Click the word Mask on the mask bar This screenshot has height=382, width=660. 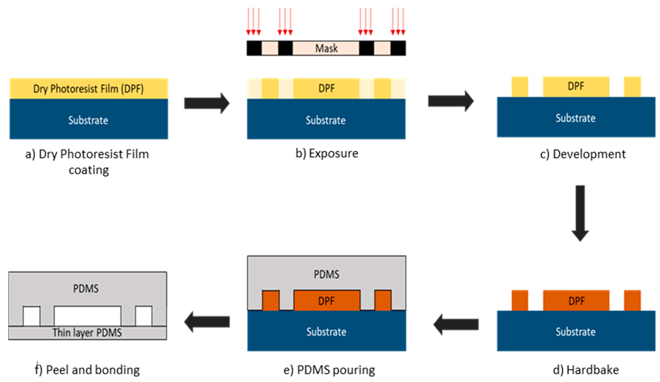point(326,49)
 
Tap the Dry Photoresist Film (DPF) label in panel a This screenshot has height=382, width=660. point(89,89)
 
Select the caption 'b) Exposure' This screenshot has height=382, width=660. point(327,153)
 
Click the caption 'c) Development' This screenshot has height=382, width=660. point(583,154)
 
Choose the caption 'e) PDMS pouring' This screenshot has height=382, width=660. point(329,370)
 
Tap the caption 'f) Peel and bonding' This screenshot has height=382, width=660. point(87,370)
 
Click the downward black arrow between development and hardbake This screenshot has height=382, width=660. point(580,212)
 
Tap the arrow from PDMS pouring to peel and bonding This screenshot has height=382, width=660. point(207,322)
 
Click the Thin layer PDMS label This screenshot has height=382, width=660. point(87,333)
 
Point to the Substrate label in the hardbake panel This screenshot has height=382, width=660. point(576,332)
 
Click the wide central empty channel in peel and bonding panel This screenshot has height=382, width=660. point(88,316)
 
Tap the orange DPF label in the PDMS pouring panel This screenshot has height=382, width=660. point(326,301)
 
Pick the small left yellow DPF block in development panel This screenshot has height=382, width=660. point(520,87)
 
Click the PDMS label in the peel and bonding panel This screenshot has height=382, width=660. point(86,289)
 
